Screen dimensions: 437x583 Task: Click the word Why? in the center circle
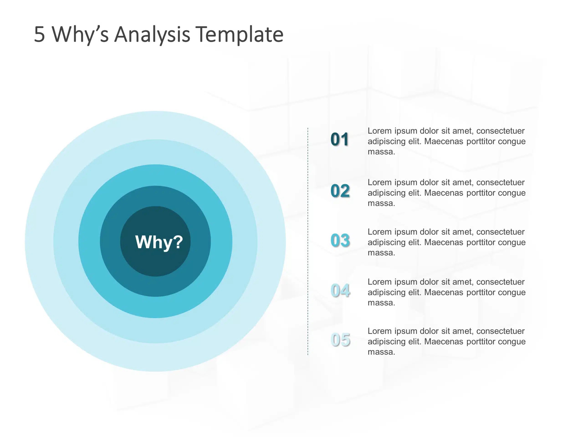(159, 242)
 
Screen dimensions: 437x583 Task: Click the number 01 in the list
(340, 139)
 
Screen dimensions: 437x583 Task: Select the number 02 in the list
(340, 191)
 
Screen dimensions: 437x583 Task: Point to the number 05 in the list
(340, 340)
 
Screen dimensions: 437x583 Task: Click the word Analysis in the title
(152, 35)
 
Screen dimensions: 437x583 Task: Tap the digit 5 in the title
(40, 35)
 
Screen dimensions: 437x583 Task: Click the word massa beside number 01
(381, 152)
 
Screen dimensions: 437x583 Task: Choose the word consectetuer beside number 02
(500, 182)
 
